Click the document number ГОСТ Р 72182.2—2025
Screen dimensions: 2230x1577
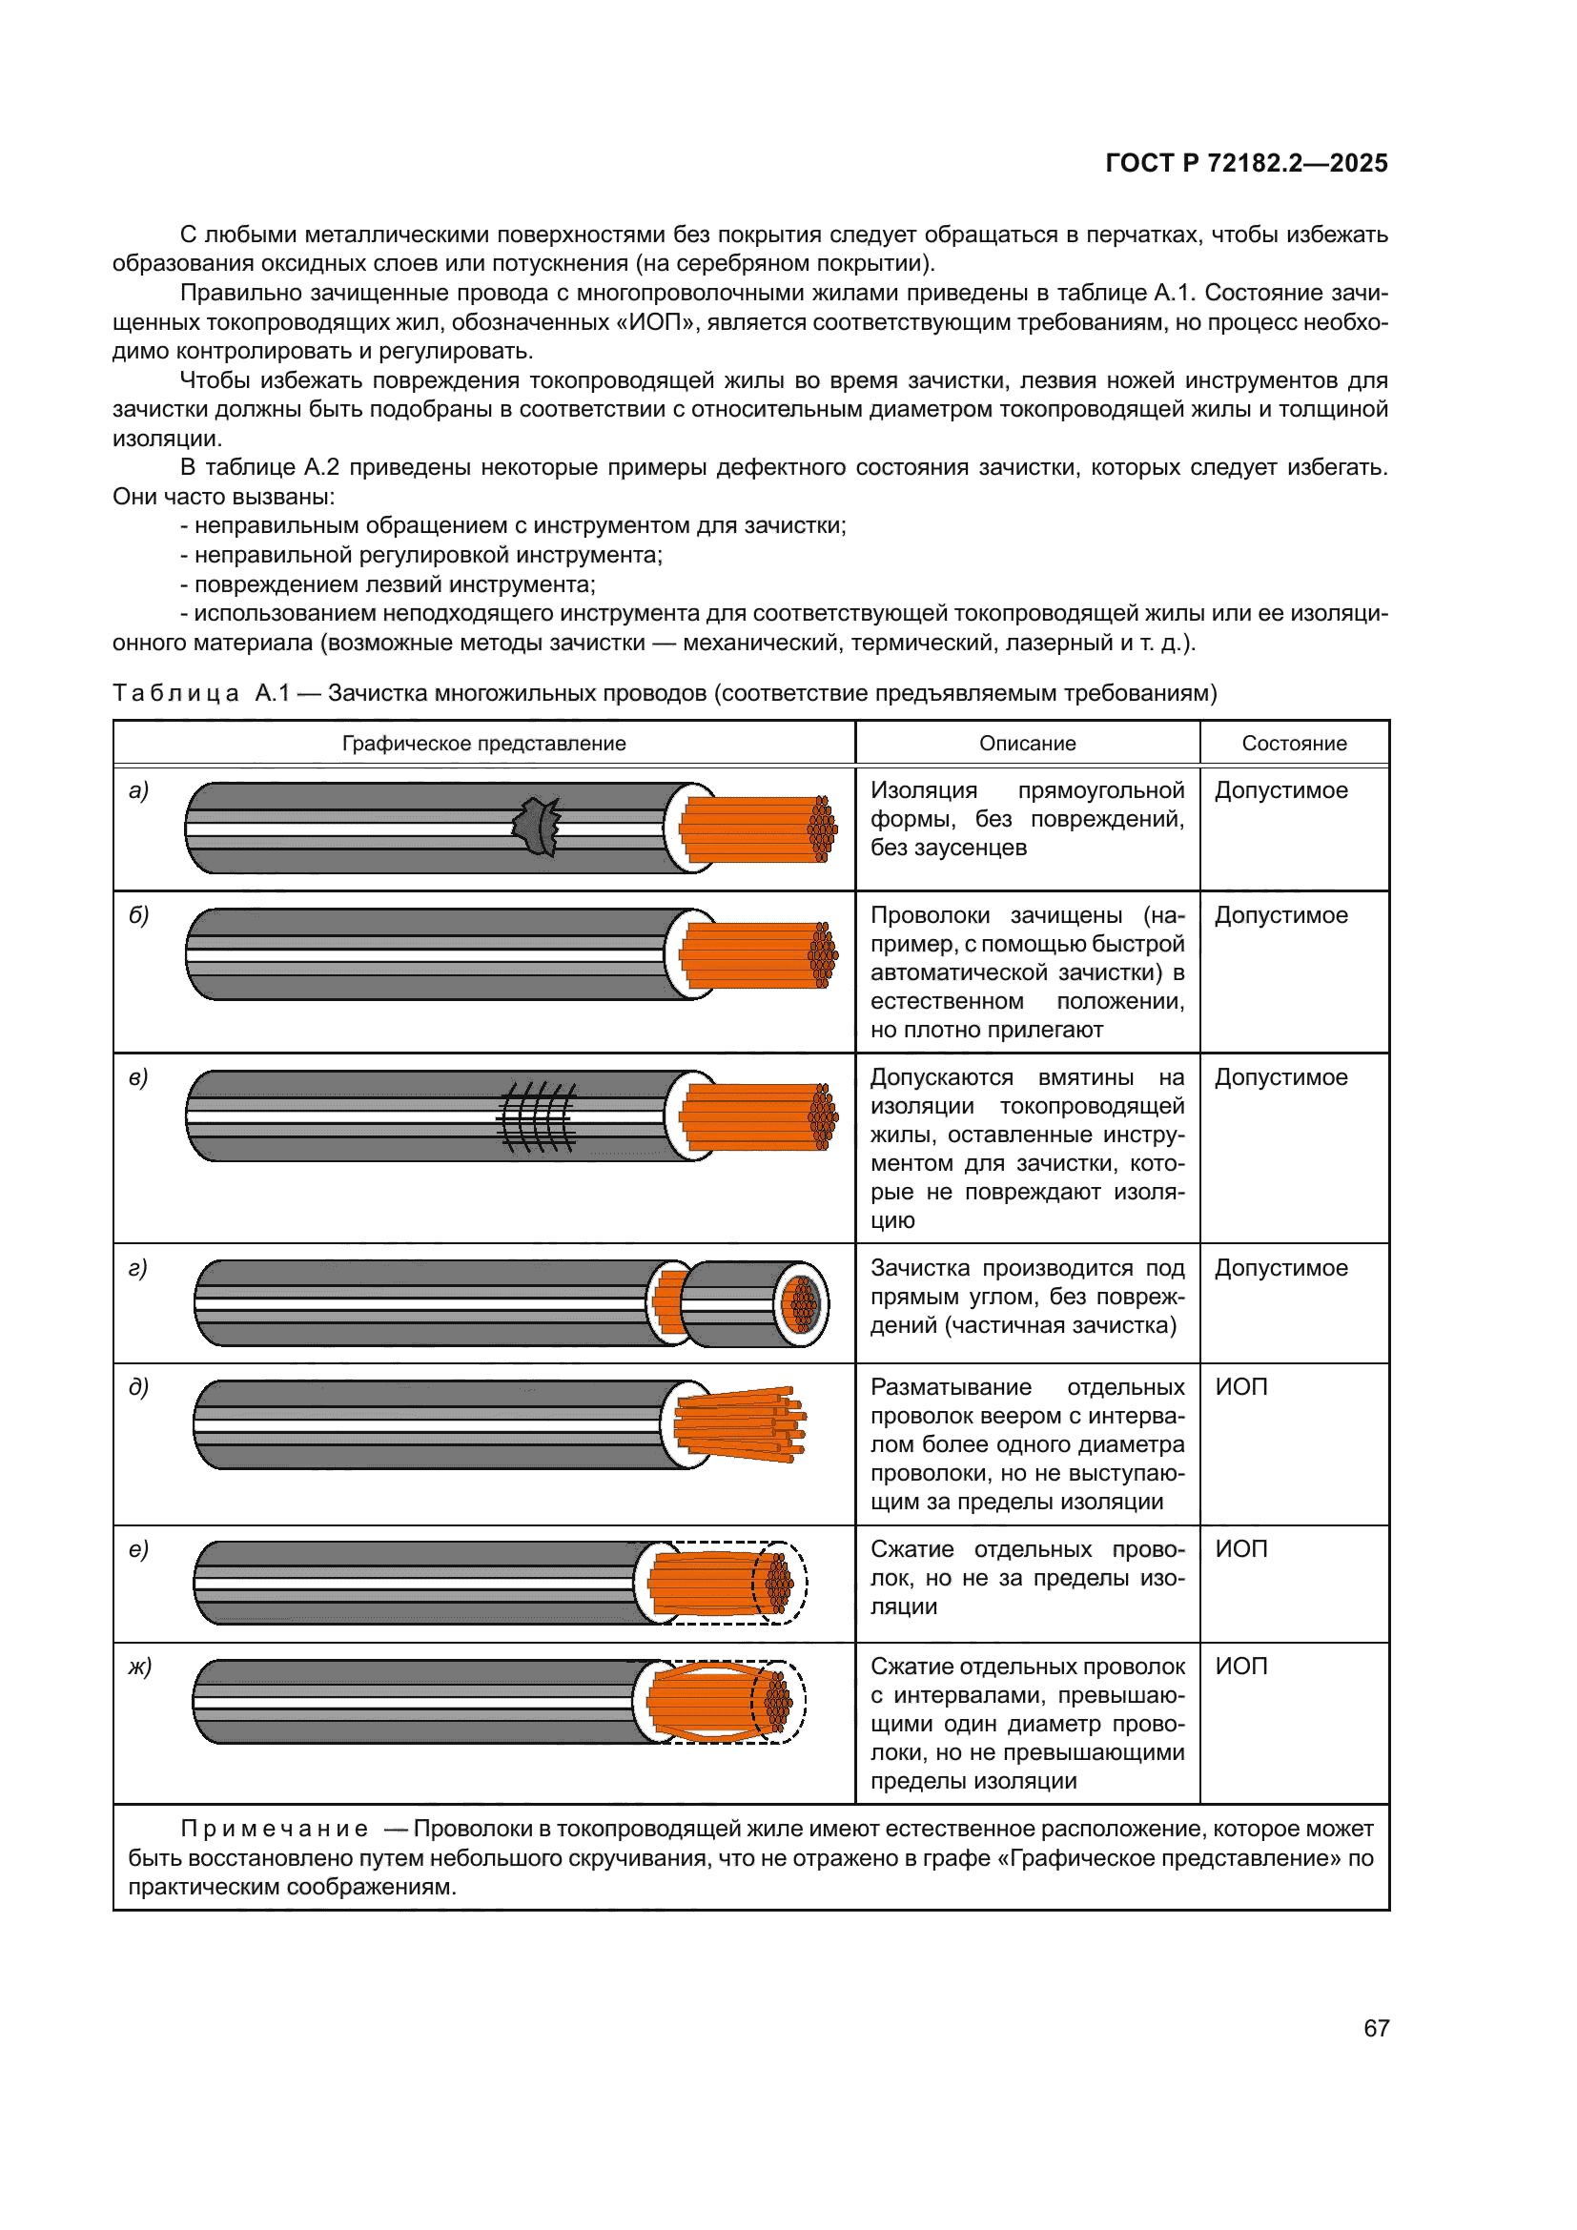(x=1246, y=163)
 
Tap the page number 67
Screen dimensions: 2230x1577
(x=1376, y=2028)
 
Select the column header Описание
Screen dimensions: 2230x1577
(x=1027, y=743)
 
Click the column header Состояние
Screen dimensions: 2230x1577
(x=1294, y=743)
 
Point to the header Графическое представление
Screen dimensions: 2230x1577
(x=483, y=743)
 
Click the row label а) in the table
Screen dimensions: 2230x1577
(x=139, y=790)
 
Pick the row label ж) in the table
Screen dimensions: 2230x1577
(x=140, y=1667)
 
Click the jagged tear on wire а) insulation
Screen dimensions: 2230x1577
(x=537, y=827)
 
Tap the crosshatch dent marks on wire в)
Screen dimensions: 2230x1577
(x=537, y=1117)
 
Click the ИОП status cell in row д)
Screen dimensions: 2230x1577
(x=1241, y=1387)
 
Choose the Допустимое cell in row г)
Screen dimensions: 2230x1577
(x=1280, y=1267)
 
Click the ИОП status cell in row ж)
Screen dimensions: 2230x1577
(x=1241, y=1667)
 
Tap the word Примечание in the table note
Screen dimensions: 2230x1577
(x=275, y=1829)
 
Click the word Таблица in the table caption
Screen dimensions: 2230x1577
(x=175, y=692)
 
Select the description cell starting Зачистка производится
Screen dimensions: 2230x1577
(x=1027, y=1296)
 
